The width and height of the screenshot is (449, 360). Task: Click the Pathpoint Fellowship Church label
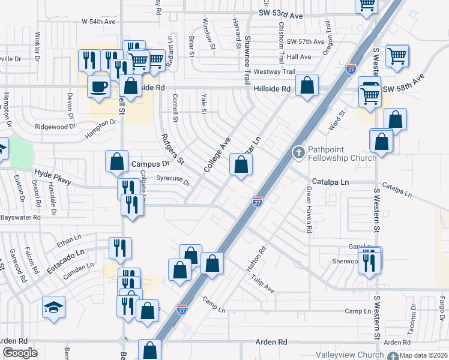tap(342, 154)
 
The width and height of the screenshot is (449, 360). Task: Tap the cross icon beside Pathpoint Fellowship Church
tap(298, 153)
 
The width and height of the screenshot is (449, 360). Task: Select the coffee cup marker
tap(99, 86)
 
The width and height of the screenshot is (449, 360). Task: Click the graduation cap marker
tap(54, 308)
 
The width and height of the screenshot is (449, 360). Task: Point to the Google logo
tap(20, 353)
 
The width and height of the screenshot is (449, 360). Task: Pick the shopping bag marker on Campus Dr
tap(116, 162)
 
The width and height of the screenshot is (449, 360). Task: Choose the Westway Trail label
tap(275, 71)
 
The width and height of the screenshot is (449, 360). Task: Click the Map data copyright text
tap(424, 355)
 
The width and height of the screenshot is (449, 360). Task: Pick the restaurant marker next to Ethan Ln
tap(118, 248)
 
